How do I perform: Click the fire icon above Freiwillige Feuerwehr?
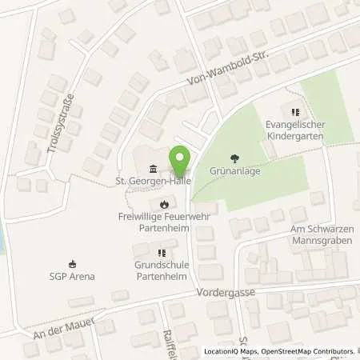165,203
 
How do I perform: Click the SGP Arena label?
73,277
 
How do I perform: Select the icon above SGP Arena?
73,264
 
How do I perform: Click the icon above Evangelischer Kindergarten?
294,113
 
